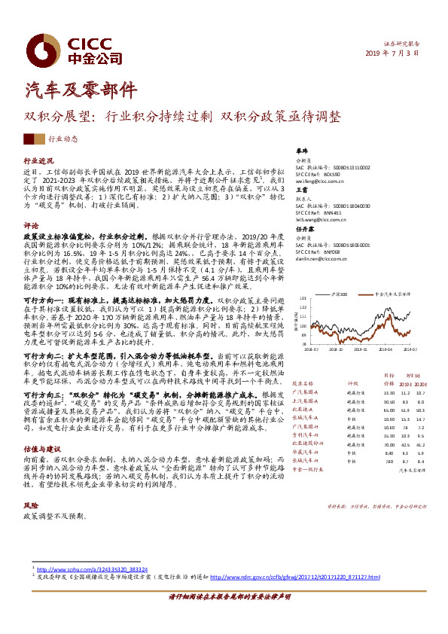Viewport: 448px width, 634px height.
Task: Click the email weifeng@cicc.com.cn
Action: coord(319,181)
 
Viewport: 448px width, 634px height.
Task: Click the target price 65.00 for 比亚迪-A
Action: coord(389,410)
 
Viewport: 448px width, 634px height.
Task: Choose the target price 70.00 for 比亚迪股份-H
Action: coord(389,443)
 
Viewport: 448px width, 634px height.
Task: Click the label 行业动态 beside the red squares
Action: coord(63,139)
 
